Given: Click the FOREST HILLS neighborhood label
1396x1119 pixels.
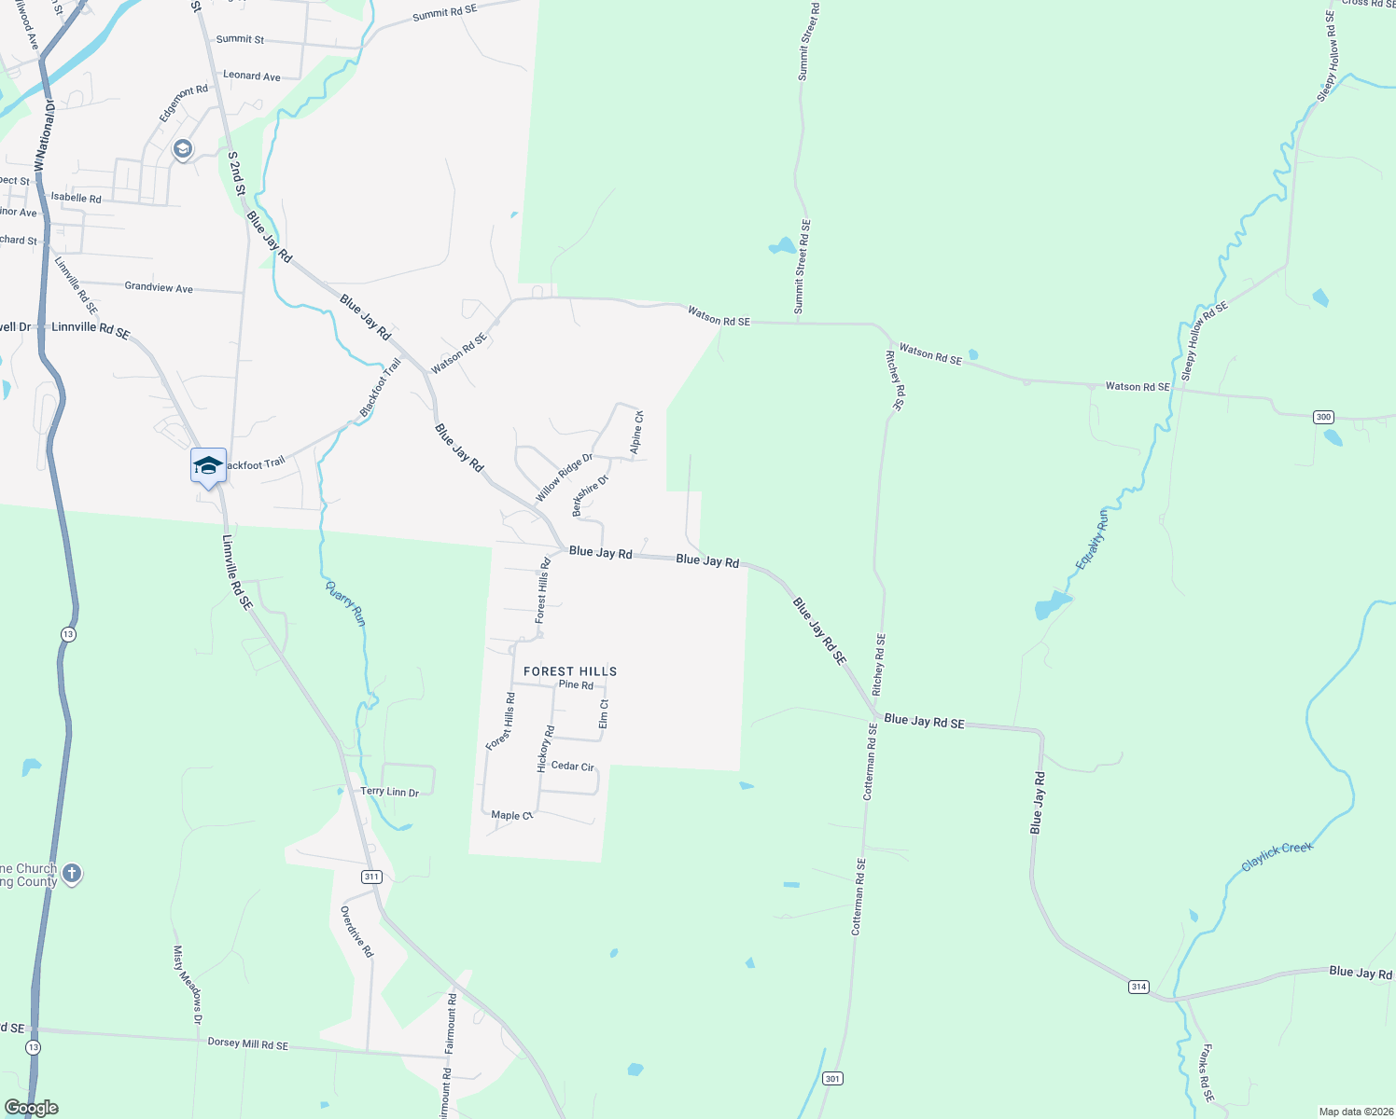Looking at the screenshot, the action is pos(570,671).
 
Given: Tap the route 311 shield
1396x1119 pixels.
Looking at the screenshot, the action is pos(372,877).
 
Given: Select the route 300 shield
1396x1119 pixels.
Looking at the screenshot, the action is pos(1323,417).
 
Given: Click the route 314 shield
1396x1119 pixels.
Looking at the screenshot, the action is pos(1138,987).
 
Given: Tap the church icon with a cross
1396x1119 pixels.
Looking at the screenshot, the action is pos(72,874).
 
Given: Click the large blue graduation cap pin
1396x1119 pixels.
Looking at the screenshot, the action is pos(208,465).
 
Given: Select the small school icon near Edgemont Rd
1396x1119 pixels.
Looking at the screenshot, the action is pos(182,148).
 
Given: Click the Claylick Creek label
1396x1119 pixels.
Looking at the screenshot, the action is pos(1277,856).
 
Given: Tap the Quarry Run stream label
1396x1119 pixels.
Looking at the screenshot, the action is pos(345,603).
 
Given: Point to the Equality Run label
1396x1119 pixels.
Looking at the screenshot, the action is pos(1092,539).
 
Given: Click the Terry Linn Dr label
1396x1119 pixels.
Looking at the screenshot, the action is pos(390,792).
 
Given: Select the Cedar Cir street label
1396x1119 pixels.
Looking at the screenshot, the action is pos(573,767).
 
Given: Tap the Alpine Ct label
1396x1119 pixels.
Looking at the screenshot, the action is pos(636,433).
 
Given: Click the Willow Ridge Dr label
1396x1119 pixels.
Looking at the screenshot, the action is pos(564,477).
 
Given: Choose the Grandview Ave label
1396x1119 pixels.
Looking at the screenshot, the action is pos(159,287).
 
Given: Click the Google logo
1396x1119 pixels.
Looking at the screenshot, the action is pos(31,1108).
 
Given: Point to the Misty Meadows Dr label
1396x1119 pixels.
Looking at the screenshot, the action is pos(187,985).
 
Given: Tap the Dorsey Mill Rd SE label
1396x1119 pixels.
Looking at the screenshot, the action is pos(247,1044).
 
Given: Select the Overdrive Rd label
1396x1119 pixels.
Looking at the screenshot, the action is pos(356,932).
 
